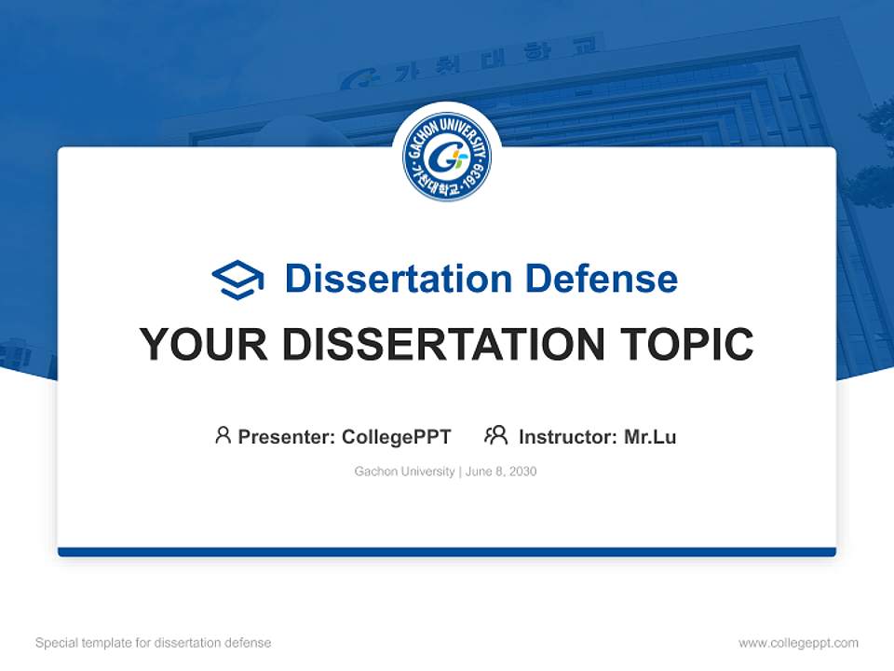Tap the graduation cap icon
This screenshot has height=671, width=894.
[237, 280]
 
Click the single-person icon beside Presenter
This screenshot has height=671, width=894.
[223, 435]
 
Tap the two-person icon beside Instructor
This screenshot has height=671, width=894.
[495, 435]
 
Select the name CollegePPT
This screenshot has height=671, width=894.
[397, 436]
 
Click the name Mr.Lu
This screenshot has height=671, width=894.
[650, 436]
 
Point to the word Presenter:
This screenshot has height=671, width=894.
[287, 436]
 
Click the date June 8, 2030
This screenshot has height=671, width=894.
[501, 472]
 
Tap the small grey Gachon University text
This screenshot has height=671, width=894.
[404, 472]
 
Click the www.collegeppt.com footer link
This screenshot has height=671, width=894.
[798, 643]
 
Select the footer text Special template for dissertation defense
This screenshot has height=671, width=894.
[154, 643]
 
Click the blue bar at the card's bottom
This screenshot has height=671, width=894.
[447, 552]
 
